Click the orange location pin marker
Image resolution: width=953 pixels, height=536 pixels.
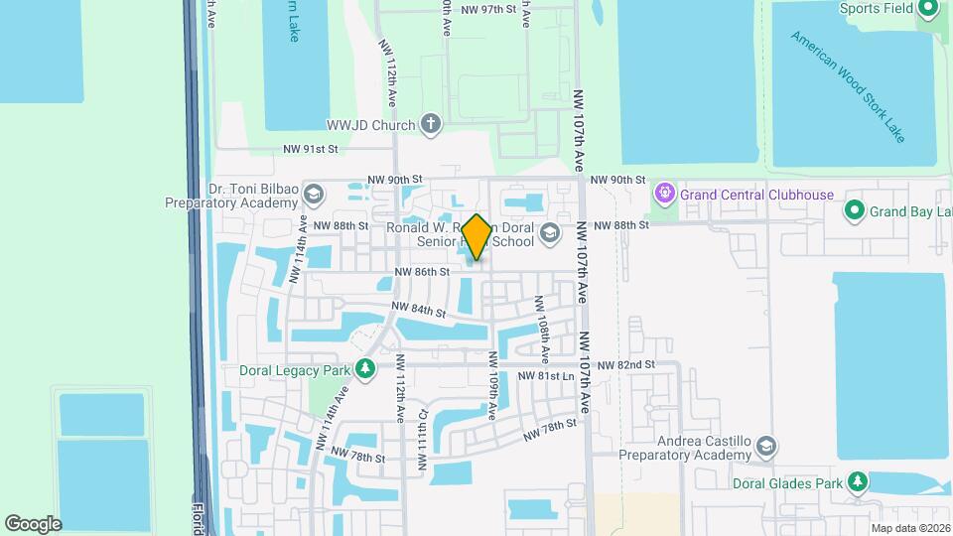476,237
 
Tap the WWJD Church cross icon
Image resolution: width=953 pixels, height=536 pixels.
430,125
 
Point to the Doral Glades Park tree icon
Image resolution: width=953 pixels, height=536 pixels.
858,481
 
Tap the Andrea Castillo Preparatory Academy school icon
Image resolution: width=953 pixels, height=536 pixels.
765,446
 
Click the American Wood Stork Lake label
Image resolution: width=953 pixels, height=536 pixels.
848,86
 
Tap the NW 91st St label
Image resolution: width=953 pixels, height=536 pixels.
311,149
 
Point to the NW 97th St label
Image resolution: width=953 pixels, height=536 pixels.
489,9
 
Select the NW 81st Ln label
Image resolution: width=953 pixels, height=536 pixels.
547,377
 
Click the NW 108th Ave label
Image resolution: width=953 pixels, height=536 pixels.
543,327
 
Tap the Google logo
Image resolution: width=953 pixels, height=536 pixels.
33,523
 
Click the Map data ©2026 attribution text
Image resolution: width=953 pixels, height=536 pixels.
910,528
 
